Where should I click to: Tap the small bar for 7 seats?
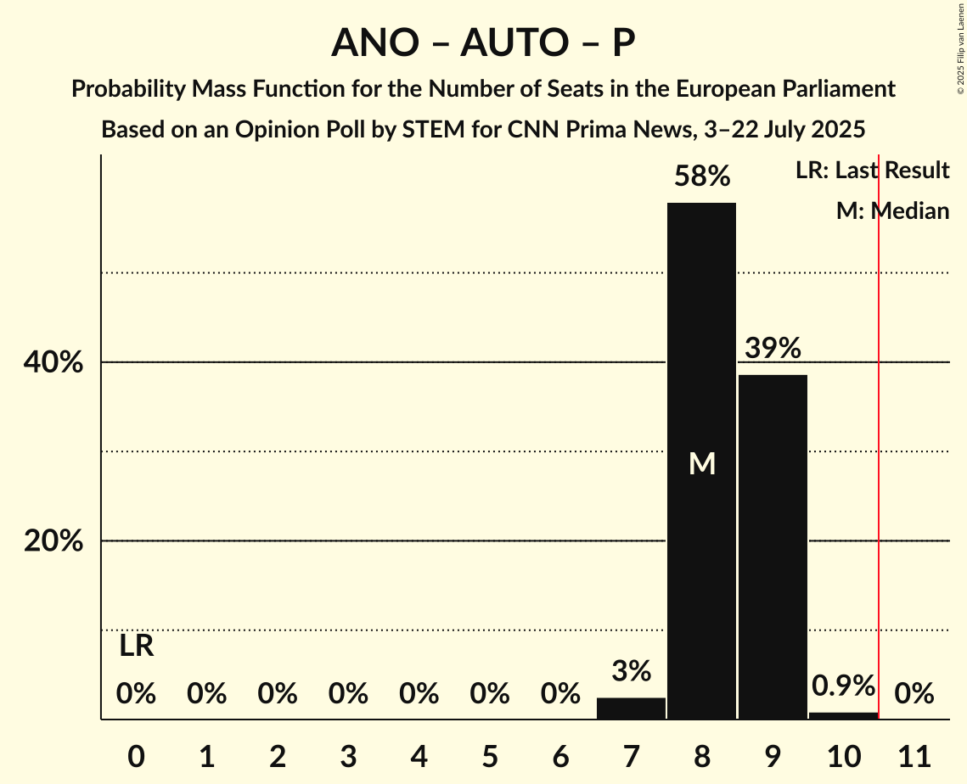point(631,708)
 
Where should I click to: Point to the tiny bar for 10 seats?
point(843,715)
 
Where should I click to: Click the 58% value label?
point(701,176)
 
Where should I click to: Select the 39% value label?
point(773,348)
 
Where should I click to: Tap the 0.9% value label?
point(843,686)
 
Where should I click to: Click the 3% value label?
point(631,671)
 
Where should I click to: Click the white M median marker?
point(701,463)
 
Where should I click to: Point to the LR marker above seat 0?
point(136,647)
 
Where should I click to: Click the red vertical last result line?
point(879,424)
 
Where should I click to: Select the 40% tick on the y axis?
point(53,362)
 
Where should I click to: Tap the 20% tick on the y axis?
point(53,540)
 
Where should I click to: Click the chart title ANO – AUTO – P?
point(483,42)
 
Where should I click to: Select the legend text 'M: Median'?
point(892,210)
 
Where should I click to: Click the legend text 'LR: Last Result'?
point(872,171)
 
